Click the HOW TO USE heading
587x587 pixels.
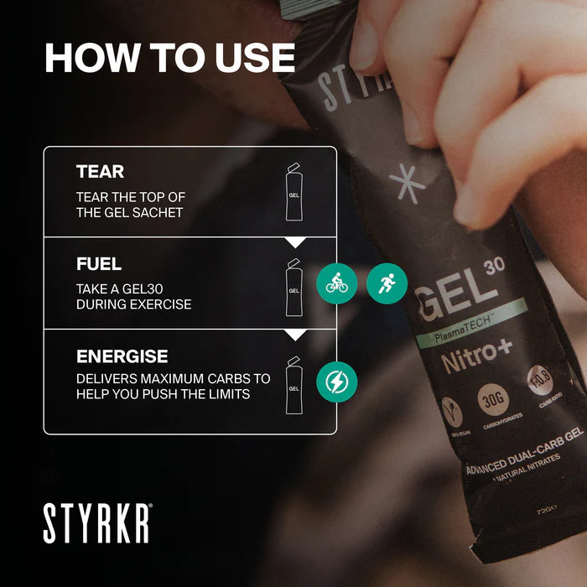pyautogui.click(x=169, y=58)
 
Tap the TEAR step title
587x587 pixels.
pyautogui.click(x=100, y=172)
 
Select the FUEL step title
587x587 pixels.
pyautogui.click(x=99, y=264)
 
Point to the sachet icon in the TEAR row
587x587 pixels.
pyautogui.click(x=293, y=192)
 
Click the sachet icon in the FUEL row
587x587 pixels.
pyautogui.click(x=293, y=288)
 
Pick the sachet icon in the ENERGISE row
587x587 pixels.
pyautogui.click(x=293, y=385)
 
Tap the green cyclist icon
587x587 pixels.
pyautogui.click(x=336, y=283)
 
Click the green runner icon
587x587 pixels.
pyautogui.click(x=387, y=283)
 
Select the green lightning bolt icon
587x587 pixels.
pyautogui.click(x=336, y=382)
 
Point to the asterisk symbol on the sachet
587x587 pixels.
pyautogui.click(x=408, y=184)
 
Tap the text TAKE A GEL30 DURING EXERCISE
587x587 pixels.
pyautogui.click(x=134, y=296)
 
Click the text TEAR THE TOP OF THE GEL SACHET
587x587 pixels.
pyautogui.click(x=131, y=204)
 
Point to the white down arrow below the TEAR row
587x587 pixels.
pyautogui.click(x=294, y=242)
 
